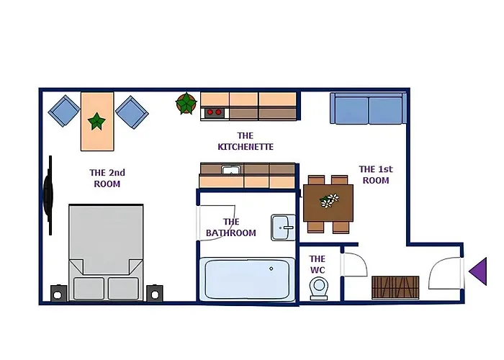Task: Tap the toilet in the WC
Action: (318, 288)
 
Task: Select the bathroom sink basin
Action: (283, 228)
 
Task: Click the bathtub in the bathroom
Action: (247, 279)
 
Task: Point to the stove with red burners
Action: (215, 112)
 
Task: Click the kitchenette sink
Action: (231, 169)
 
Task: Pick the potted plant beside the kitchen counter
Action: (186, 103)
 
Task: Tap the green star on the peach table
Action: (96, 121)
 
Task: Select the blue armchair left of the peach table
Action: (64, 111)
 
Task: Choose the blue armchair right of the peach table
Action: (132, 112)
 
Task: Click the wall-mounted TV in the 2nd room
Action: (48, 195)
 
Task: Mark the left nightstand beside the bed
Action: (58, 294)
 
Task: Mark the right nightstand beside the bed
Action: (155, 294)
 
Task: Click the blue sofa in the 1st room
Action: (369, 108)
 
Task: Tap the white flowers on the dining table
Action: (330, 200)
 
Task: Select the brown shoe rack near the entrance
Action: (395, 287)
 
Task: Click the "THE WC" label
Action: (318, 264)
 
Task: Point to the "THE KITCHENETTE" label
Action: (246, 141)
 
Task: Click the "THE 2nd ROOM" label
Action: (107, 179)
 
